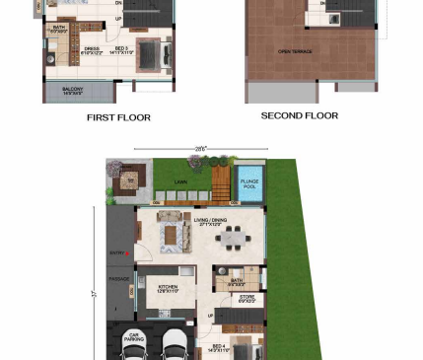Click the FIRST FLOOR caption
[119, 117]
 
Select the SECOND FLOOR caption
[299, 115]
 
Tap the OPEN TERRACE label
[296, 51]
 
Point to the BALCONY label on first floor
[71, 90]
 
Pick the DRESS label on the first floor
[91, 48]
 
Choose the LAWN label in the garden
[179, 181]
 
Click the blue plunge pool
[250, 187]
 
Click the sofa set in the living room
[176, 235]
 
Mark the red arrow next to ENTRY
[128, 253]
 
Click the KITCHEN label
[168, 288]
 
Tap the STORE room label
[247, 297]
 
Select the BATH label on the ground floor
[237, 281]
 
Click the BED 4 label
[220, 347]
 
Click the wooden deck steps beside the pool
[220, 181]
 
